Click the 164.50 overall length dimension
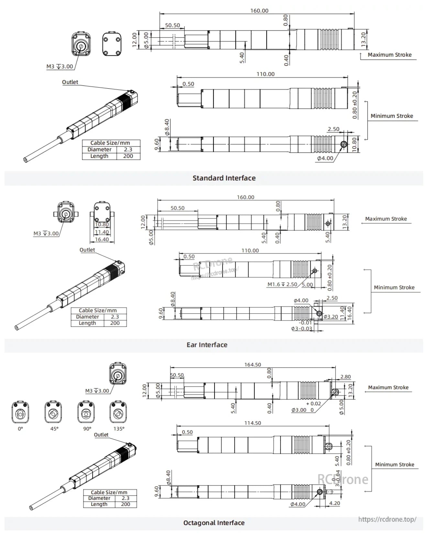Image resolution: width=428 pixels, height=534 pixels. click(252, 364)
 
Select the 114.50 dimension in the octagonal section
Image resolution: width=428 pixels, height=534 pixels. click(252, 423)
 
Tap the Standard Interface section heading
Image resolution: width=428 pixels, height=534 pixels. click(224, 178)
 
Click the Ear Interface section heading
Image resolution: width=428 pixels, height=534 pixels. click(207, 345)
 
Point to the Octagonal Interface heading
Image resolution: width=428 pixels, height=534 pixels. click(214, 523)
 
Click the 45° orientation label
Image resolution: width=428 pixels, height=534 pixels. click(54, 428)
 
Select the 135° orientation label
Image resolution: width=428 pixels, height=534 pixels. click(119, 428)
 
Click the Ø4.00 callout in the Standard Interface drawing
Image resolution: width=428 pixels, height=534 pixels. click(325, 158)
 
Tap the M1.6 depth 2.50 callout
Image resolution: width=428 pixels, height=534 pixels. click(282, 284)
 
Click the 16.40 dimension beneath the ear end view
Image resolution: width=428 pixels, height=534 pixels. click(102, 239)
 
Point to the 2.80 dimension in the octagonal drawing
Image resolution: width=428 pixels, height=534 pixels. click(345, 377)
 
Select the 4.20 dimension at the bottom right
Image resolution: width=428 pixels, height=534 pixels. click(334, 503)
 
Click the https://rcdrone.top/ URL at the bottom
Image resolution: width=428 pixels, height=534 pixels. click(387, 519)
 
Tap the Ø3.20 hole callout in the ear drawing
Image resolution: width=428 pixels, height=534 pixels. click(331, 317)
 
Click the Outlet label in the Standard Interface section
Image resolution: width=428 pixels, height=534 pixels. click(70, 82)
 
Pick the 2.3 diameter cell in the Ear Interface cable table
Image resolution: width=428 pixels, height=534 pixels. click(115, 317)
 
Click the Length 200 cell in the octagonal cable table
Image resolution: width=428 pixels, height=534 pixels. click(126, 504)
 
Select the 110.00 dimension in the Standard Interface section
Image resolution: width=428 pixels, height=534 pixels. click(265, 74)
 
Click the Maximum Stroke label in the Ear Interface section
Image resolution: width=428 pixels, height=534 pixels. click(386, 219)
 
